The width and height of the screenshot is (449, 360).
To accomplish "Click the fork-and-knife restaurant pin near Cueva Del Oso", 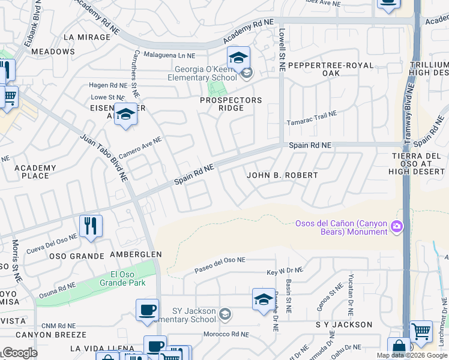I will [91, 226].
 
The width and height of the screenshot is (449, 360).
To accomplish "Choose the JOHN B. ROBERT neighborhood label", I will [282, 175].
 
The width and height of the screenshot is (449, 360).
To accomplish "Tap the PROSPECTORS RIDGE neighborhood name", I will [231, 104].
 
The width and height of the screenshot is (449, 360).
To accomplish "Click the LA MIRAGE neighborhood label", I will [87, 37].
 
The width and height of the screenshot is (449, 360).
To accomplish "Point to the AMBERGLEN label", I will [136, 254].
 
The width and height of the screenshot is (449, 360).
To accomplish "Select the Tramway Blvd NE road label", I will [410, 108].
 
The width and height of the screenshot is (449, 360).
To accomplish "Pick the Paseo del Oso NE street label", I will [220, 265].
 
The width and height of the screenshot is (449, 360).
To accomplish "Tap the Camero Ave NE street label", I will [140, 148].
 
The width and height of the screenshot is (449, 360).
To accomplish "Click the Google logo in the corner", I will [19, 353].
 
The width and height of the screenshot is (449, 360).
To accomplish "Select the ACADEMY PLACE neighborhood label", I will [35, 172].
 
